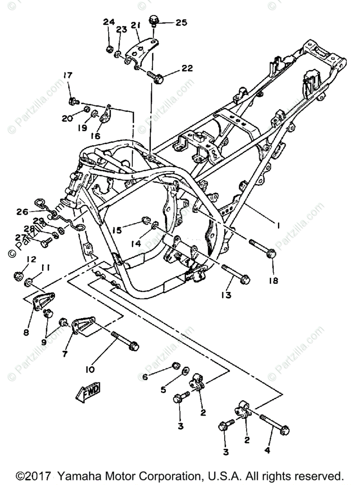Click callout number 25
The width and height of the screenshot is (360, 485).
tap(181, 22)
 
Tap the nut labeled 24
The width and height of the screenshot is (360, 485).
tap(109, 49)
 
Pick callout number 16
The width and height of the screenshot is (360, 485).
tap(95, 136)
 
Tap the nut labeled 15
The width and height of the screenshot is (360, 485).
tap(145, 221)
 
